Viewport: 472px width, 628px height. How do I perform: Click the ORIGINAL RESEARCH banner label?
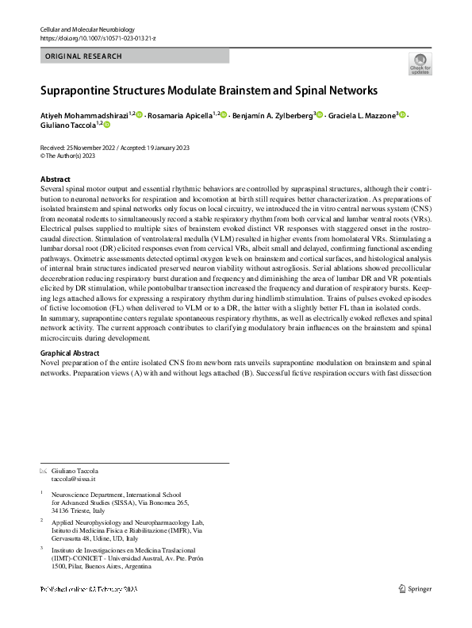84,56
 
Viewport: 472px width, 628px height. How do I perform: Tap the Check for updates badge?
420,64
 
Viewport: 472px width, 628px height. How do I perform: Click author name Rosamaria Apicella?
181,116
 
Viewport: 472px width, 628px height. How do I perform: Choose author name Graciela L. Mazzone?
362,116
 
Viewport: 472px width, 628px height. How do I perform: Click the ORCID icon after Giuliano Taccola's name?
107,125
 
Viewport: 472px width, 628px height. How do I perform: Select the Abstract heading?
55,179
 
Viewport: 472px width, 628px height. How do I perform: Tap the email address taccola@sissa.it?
73,480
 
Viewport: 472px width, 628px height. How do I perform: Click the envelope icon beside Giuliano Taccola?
43,472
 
